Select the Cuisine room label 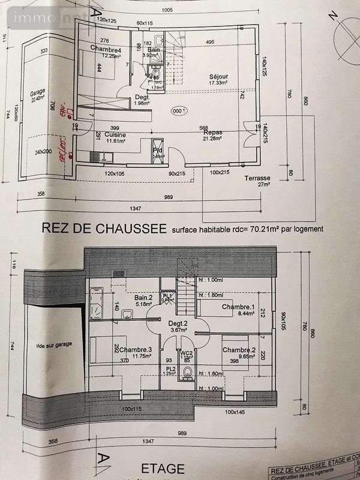[115, 135]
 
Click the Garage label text [38, 94]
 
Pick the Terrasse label [257, 178]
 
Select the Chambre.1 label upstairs [239, 307]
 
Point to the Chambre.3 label [136, 350]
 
